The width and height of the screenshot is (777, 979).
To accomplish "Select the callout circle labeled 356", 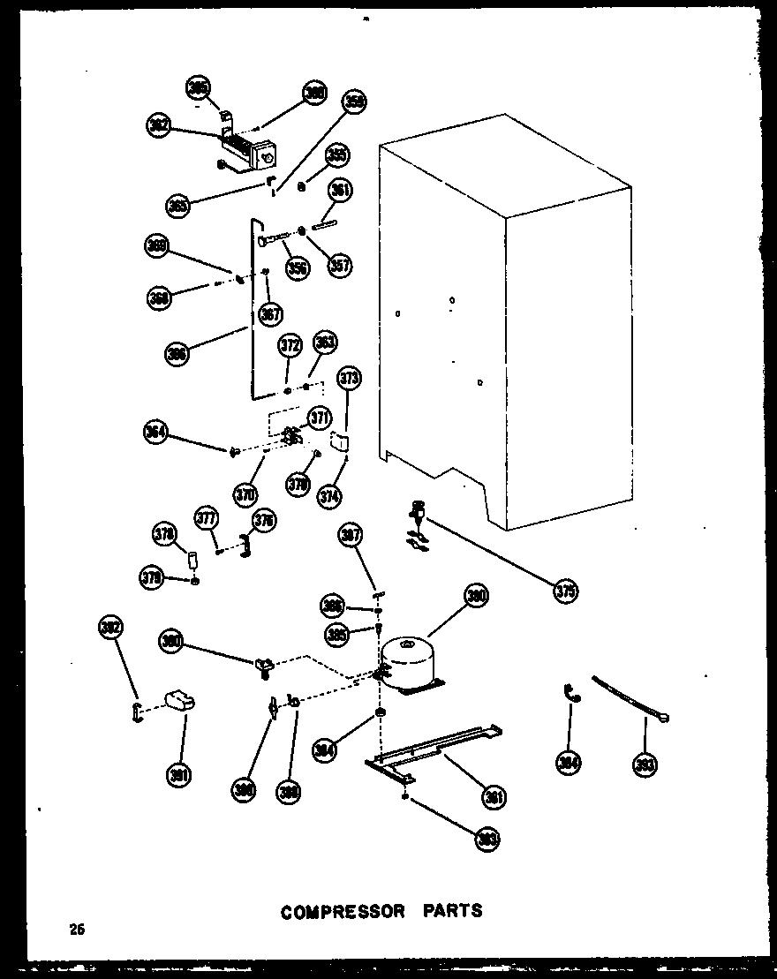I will click(298, 267).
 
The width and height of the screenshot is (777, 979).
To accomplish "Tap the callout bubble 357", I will click(339, 264).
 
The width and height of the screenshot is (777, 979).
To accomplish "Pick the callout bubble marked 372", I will click(289, 345).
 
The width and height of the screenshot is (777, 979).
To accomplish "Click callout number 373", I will click(350, 380).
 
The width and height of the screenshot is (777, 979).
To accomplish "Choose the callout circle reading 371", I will click(318, 417).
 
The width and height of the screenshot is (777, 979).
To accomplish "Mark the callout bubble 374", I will click(330, 495).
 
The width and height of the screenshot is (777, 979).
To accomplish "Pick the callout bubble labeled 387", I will click(351, 536).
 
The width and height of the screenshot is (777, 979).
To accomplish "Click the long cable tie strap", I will click(629, 697).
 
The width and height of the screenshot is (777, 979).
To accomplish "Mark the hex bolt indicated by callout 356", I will click(275, 238).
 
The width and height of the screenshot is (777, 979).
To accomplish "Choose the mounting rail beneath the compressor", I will click(433, 750).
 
